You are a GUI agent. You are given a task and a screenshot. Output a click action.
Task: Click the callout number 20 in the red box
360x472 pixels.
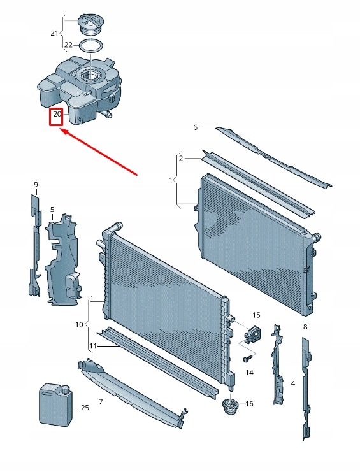pos(57,115)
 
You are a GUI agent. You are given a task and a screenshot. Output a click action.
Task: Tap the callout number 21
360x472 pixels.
pos(54,33)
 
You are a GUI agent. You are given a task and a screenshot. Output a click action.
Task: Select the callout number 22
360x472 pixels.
pos(69,45)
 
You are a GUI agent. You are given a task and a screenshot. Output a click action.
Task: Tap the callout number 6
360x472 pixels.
pos(196,127)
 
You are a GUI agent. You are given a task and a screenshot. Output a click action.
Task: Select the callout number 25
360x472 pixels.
pos(85,408)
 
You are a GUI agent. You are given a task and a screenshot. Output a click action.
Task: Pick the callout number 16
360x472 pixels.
pos(249,404)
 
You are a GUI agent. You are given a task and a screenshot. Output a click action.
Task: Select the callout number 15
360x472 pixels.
pos(256,315)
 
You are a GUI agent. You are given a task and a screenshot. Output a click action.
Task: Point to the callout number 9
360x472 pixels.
pos(36,185)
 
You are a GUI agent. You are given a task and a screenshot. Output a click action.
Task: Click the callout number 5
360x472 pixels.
pos(52,209)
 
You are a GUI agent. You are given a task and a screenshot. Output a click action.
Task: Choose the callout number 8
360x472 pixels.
pos(305,327)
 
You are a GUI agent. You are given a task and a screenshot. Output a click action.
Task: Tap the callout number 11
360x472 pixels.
pos(92,346)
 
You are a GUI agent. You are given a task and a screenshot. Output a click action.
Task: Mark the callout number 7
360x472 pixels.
pos(100,403)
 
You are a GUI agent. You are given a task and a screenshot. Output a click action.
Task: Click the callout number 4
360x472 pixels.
pos(292,383)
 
